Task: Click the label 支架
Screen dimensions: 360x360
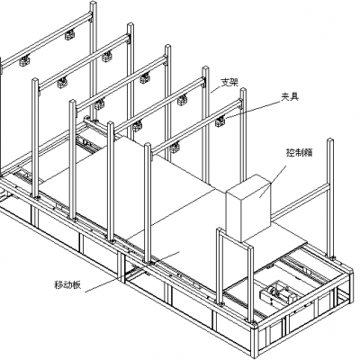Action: pos(229,83)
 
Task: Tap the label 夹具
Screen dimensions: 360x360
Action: pos(290,97)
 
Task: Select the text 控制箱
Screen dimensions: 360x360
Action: pos(299,153)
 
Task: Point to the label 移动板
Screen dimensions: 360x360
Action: pos(67,284)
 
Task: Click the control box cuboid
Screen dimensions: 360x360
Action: pos(248,208)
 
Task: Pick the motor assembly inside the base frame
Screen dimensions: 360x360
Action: pos(278,294)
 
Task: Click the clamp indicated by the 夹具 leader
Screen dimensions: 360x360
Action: pos(220,121)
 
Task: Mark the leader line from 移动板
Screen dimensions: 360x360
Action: pos(132,272)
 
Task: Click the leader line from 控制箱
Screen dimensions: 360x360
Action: pos(273,181)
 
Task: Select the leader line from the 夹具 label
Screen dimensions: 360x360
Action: pos(254,110)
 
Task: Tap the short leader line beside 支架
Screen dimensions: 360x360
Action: pos(215,89)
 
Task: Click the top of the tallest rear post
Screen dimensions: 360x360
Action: pos(94,4)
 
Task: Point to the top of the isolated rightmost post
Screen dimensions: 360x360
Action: pos(330,140)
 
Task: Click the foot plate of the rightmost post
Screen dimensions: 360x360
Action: pos(332,257)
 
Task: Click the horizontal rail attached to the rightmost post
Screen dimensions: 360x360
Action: pos(300,202)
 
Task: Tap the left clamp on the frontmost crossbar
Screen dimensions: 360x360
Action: pos(175,147)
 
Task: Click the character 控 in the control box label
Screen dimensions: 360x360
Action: pos(290,153)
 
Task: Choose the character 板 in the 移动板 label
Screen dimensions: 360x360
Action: pos(76,284)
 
